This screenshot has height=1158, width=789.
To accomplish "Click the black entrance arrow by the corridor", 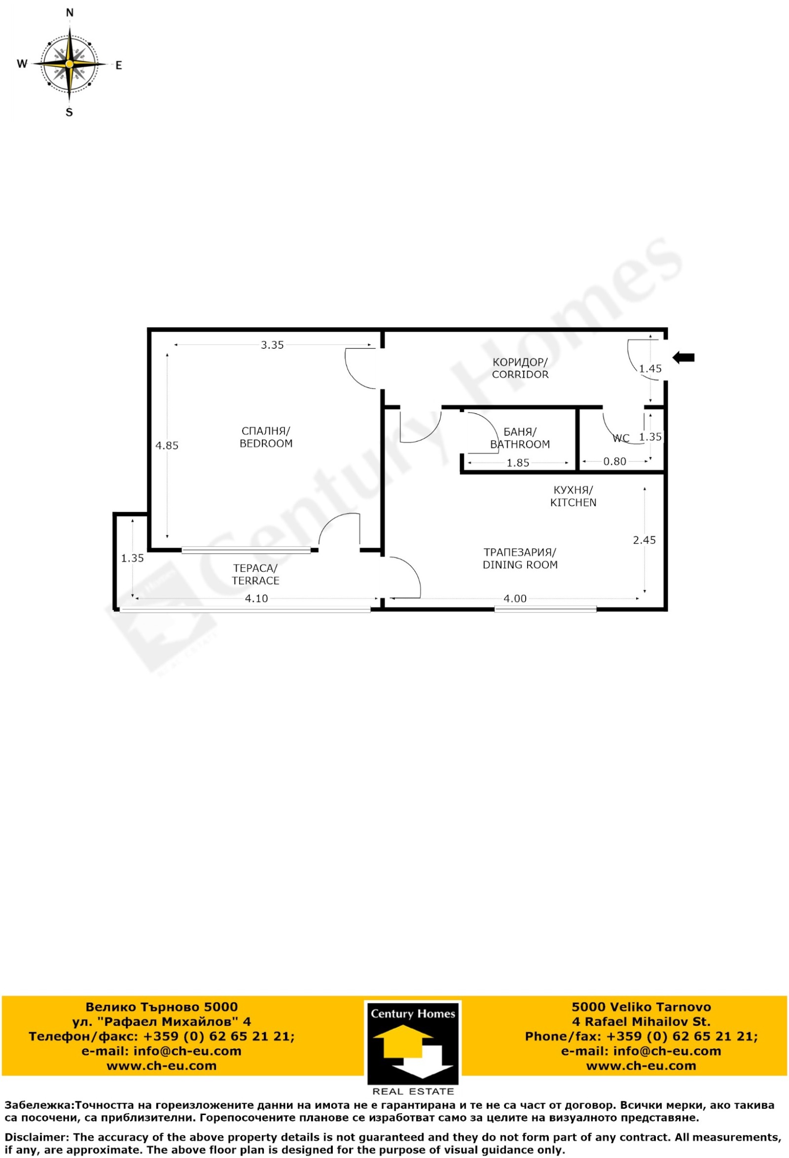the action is (683, 357).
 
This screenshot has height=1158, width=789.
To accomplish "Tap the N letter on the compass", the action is (70, 13).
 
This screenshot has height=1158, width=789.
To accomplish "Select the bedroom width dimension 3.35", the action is (273, 345).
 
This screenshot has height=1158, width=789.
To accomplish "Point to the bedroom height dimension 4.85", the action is (167, 446).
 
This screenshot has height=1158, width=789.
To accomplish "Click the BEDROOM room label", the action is (266, 444).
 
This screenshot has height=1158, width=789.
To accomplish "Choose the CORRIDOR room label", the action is (520, 374).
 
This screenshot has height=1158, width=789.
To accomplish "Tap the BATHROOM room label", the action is (520, 445).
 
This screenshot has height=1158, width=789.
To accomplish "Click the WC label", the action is (621, 438).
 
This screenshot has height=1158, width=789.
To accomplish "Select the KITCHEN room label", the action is (574, 502).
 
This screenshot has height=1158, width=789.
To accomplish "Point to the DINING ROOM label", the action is (520, 564).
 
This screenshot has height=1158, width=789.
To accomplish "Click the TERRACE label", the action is (255, 581).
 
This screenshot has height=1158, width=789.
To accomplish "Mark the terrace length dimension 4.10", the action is (256, 598).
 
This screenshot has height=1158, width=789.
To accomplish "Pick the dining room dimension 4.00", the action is (515, 598).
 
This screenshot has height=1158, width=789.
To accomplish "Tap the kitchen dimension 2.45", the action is (645, 540).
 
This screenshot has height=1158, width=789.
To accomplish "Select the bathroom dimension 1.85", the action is (518, 463).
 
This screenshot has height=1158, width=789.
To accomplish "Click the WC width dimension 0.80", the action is (614, 461).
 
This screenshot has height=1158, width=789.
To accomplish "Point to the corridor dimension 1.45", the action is (650, 369).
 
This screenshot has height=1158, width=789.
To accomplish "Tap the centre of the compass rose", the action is (70, 64).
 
